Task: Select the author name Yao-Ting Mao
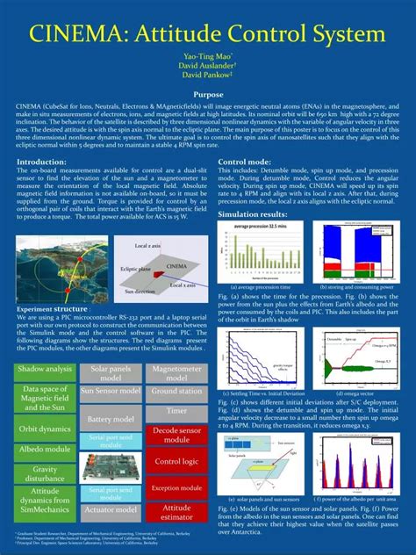tap(207, 55)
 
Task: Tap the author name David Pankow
tap(207, 75)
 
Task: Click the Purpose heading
tap(208, 94)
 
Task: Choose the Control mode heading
tap(245, 162)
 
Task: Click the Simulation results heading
tap(253, 214)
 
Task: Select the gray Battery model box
tap(111, 420)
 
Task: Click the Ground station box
tap(176, 391)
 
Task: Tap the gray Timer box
tap(176, 410)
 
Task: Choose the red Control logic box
tap(176, 461)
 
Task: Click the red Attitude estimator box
tap(176, 512)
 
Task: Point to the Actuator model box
tap(111, 509)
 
